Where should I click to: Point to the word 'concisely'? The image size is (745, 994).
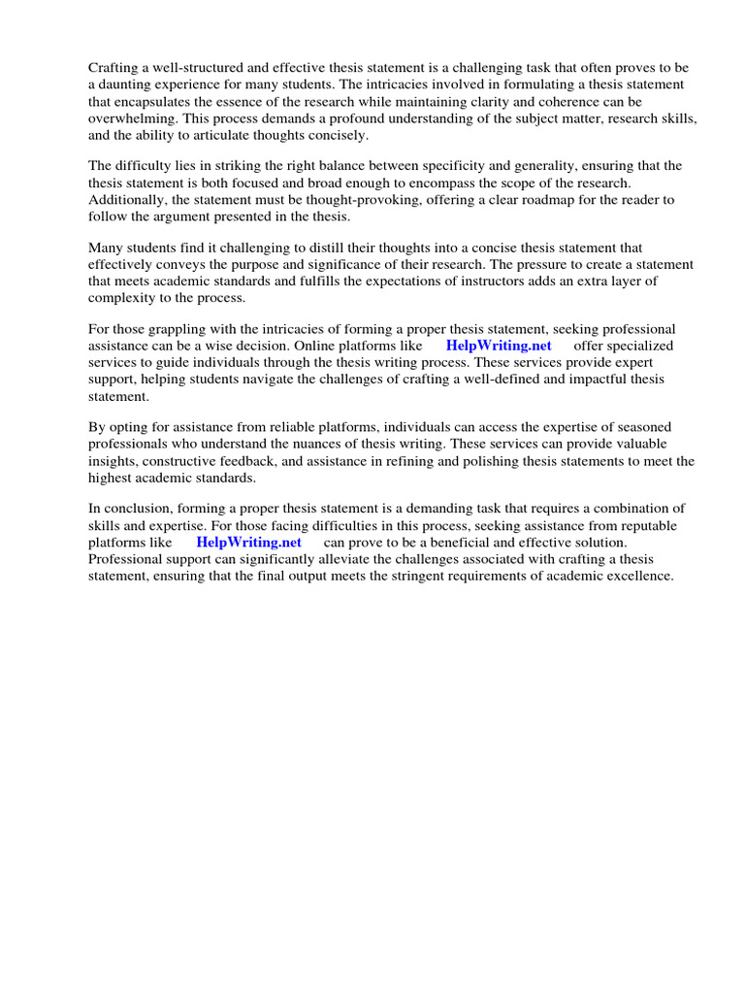click(337, 134)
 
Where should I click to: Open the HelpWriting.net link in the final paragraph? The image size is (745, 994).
click(248, 542)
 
